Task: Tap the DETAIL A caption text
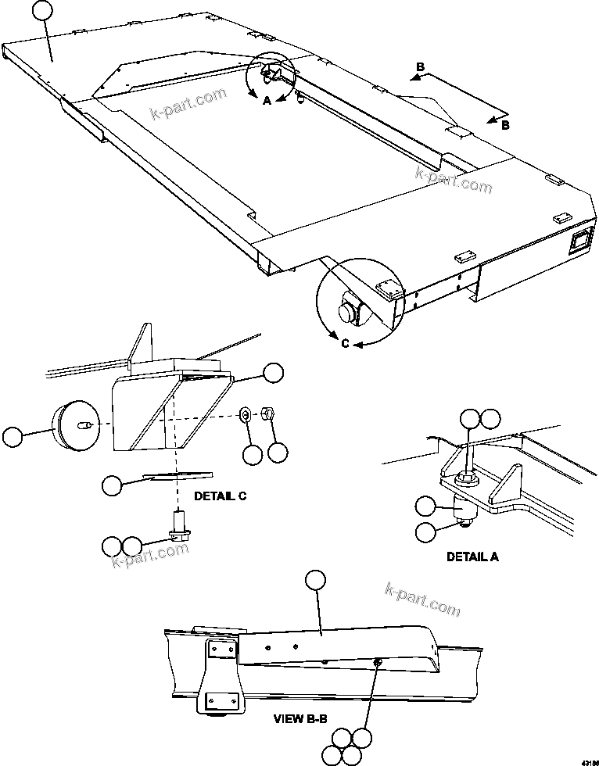pyautogui.click(x=472, y=557)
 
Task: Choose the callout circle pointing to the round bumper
pyautogui.click(x=13, y=437)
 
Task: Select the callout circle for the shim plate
pyautogui.click(x=113, y=485)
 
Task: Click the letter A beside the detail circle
pyautogui.click(x=267, y=102)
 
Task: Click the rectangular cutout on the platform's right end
pyautogui.click(x=578, y=242)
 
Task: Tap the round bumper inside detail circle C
pyautogui.click(x=346, y=312)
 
